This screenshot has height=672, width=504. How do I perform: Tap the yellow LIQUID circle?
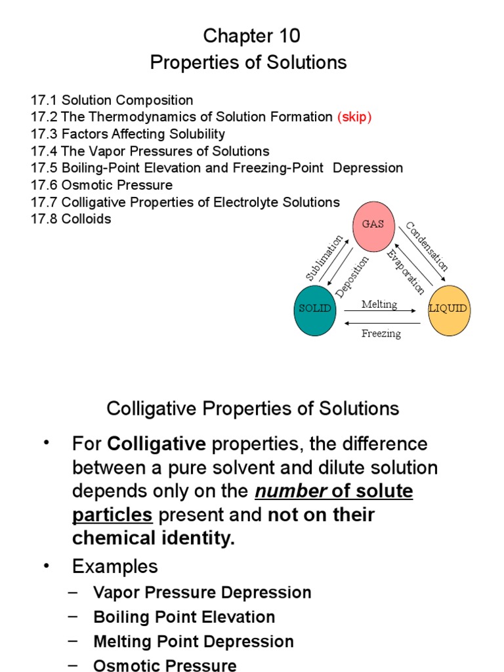point(448,308)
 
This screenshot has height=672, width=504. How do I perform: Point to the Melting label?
point(379,304)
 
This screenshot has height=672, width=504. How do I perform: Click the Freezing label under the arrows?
point(381,333)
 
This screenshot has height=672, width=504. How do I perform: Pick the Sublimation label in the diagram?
point(325,258)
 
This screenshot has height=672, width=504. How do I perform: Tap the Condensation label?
point(427,247)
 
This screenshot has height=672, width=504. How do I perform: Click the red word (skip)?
point(354,117)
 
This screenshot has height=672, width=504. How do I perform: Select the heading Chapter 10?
point(251,35)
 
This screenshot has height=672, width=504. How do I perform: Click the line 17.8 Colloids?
point(71,219)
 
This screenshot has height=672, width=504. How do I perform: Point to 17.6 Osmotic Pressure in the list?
point(102,184)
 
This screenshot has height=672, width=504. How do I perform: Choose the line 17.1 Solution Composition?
point(112,100)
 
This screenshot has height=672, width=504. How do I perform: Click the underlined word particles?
point(112,515)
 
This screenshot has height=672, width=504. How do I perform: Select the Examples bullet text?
point(115,566)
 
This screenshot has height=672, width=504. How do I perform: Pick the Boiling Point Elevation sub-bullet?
point(184,617)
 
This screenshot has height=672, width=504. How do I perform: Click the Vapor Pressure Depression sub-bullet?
point(202,593)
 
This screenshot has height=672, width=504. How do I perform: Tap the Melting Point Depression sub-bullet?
point(194,641)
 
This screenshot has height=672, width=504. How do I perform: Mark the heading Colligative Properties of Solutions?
point(253,409)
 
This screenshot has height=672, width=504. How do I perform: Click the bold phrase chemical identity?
point(152,539)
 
